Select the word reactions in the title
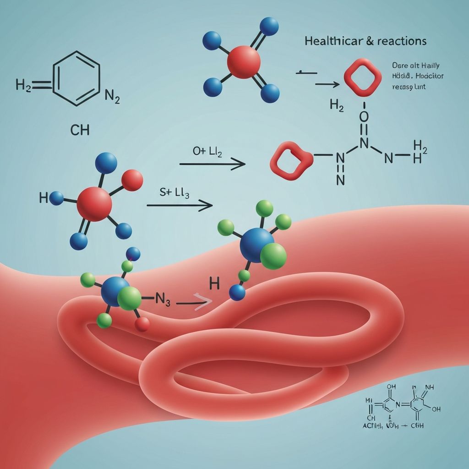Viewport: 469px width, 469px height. point(401,41)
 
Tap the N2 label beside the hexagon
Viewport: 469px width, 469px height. point(112,96)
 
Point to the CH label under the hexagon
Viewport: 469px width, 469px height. point(80,130)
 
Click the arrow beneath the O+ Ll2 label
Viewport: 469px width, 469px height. point(212,164)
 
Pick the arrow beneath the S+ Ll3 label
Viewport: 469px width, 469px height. point(180,206)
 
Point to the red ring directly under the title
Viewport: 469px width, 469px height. point(362,77)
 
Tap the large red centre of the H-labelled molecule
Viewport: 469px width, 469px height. point(94,203)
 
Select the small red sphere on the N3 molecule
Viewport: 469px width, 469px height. point(142,324)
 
